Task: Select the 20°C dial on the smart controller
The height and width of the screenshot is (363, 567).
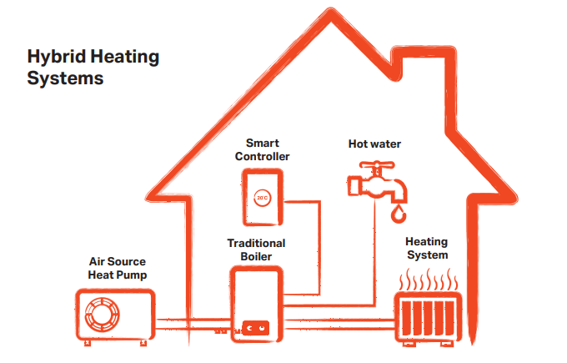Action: [x=263, y=199]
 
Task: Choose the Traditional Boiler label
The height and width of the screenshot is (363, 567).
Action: [x=257, y=250]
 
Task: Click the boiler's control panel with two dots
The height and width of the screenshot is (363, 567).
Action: [x=255, y=328]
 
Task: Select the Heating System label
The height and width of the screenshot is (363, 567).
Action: [x=427, y=249]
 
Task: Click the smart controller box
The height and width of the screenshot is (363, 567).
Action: [x=263, y=197]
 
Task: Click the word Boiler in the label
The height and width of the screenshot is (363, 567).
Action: [x=256, y=256]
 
